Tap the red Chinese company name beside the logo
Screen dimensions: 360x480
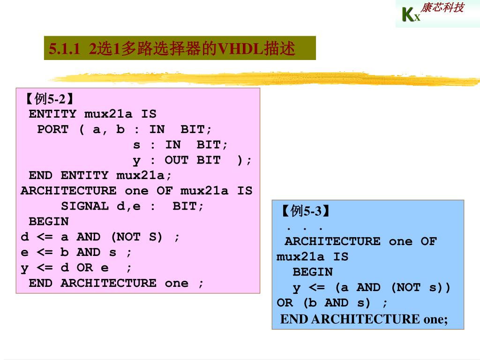pos(442,8)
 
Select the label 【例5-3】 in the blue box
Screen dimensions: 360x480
pos(305,211)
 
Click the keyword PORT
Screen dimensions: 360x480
pos(52,129)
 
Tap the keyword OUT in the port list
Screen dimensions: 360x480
pos(176,160)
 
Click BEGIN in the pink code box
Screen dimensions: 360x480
pos(49,221)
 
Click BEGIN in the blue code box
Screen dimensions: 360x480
pos(313,272)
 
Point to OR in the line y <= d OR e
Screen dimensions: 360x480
pos(85,268)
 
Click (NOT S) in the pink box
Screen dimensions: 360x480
pos(136,237)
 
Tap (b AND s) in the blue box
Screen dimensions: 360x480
pos(336,303)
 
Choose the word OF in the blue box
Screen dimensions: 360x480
pos(428,241)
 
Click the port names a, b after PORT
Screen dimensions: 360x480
pos(108,129)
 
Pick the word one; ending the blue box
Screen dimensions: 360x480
pos(435,319)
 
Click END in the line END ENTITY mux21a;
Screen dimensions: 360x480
pos(41,175)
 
